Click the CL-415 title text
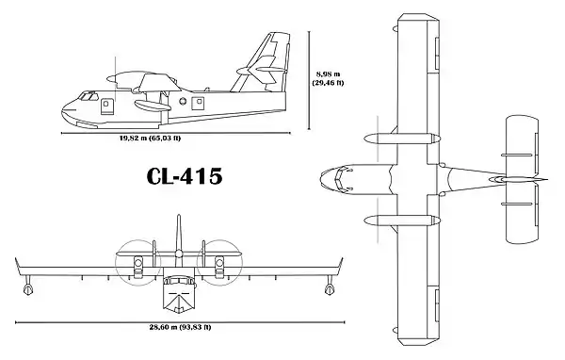point(185,176)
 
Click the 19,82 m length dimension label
point(151,138)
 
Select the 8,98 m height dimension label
point(328,78)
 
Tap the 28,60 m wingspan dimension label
point(180,327)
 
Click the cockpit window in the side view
point(89,96)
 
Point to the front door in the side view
point(106,106)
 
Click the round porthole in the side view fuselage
point(183,101)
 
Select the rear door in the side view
point(198,103)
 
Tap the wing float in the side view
point(153,106)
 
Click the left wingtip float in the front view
point(27,288)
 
